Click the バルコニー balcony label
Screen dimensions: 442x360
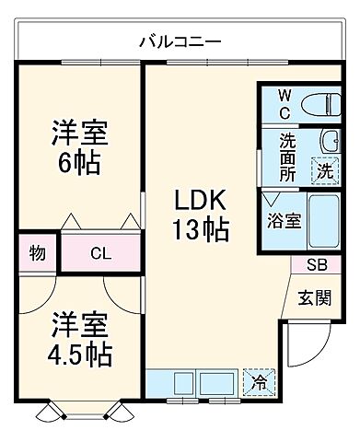pyautogui.click(x=180, y=41)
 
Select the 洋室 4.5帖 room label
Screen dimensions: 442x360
pyautogui.click(x=79, y=340)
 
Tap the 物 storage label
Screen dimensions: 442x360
pyautogui.click(x=38, y=252)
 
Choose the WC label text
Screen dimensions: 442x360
pyautogui.click(x=285, y=104)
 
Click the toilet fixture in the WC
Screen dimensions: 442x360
pyautogui.click(x=319, y=104)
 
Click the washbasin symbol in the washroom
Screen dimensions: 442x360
pyautogui.click(x=330, y=140)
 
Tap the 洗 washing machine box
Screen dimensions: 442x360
pyautogui.click(x=324, y=170)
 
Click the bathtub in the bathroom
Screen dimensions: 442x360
pyautogui.click(x=325, y=222)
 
